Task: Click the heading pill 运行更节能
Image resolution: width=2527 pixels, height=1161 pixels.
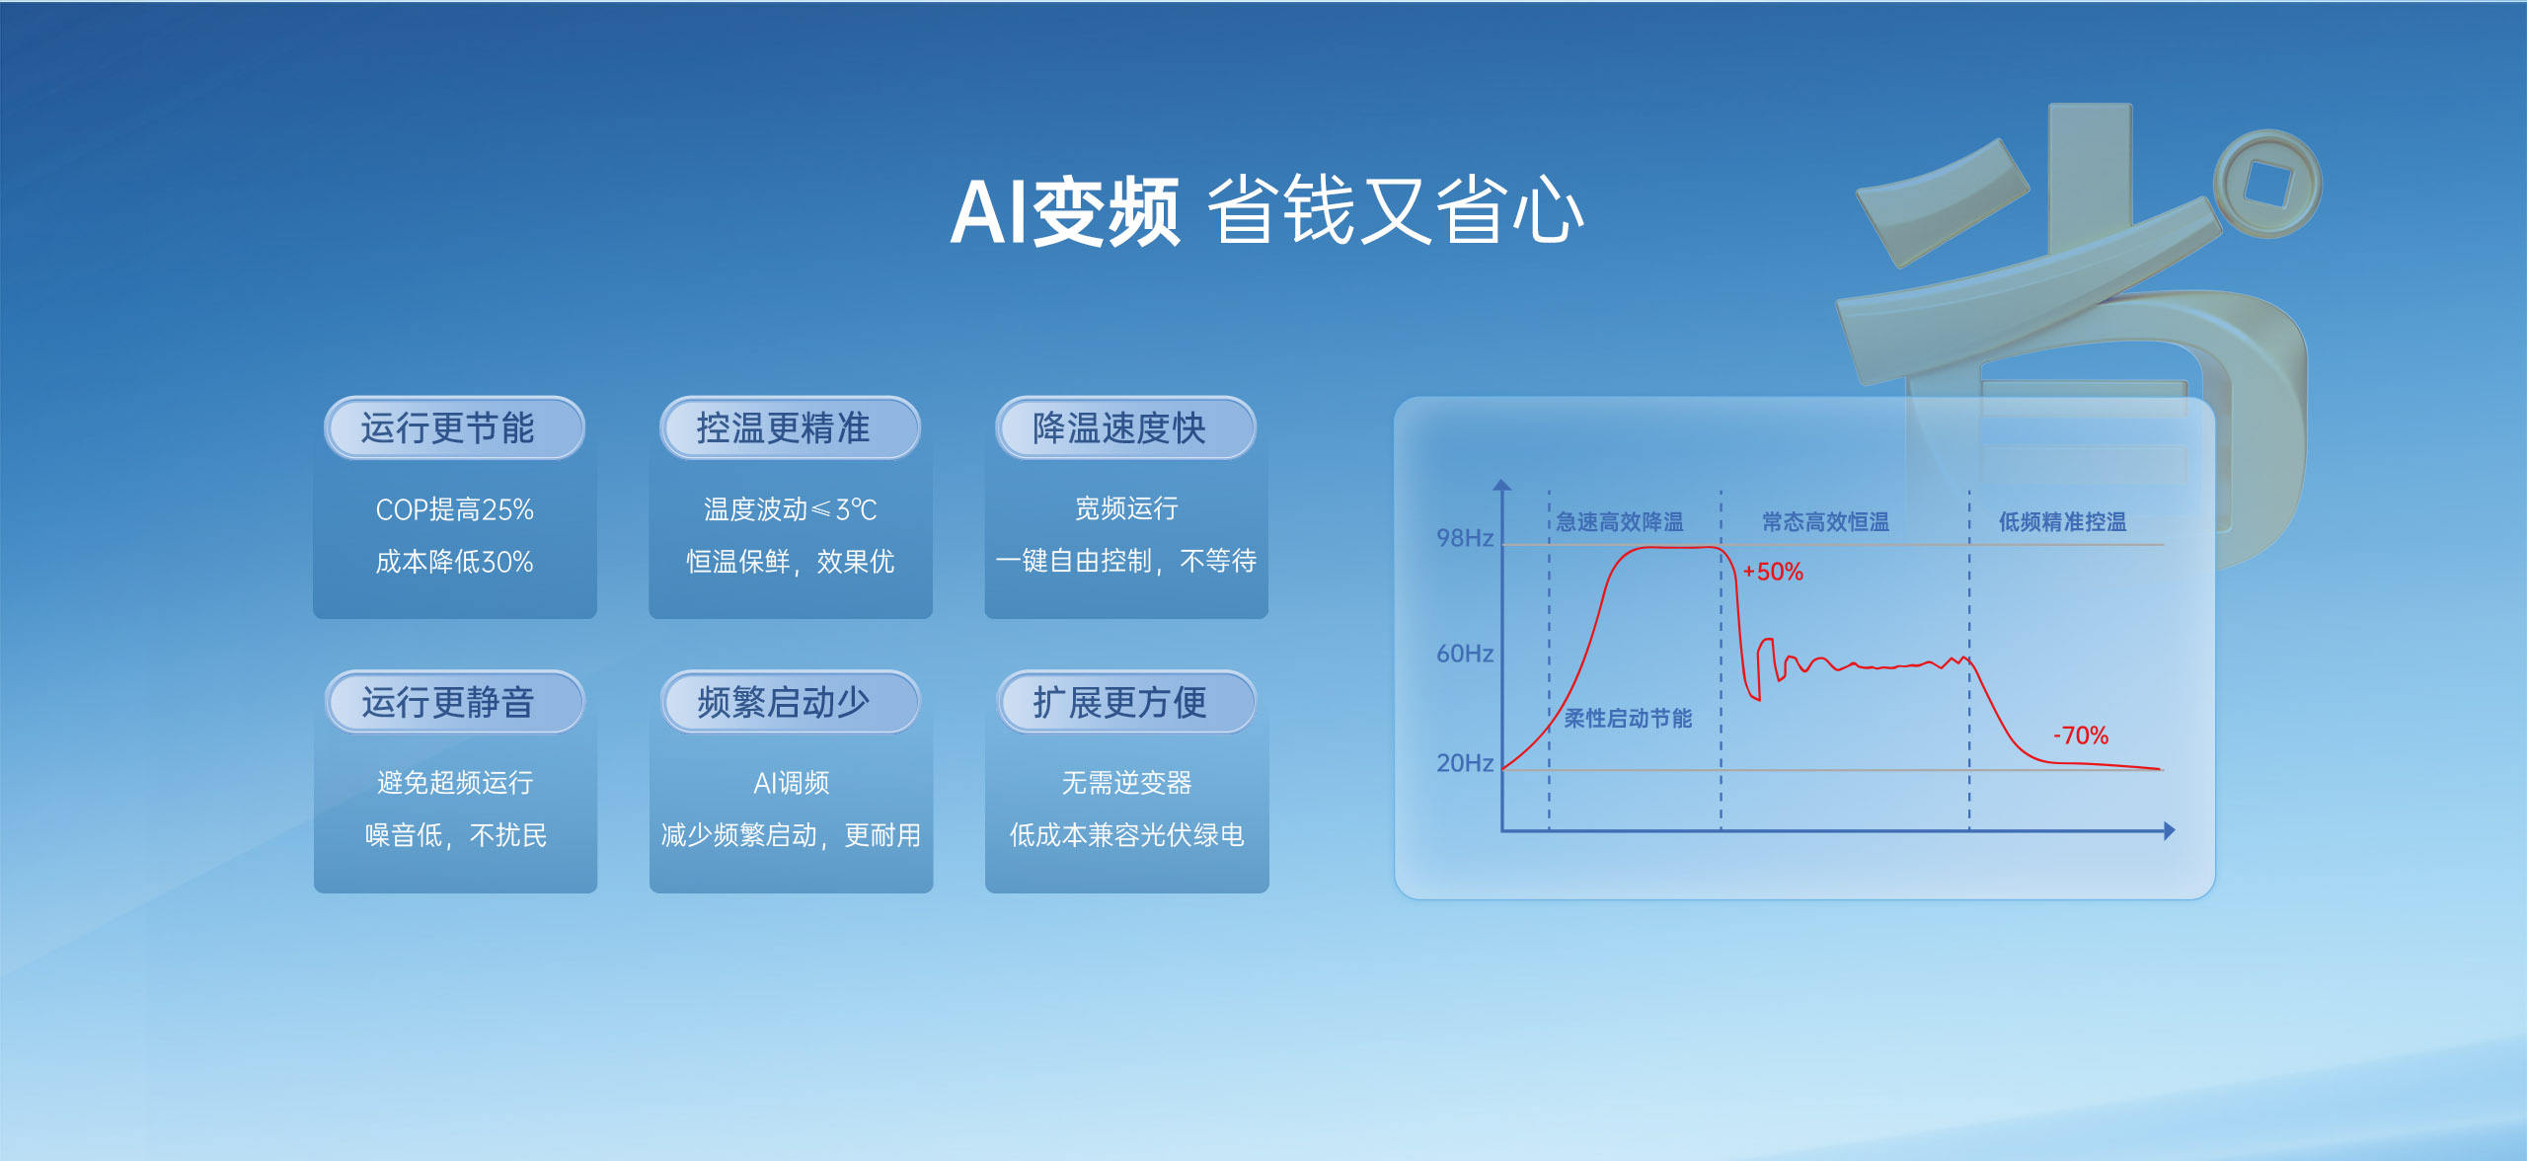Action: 454,428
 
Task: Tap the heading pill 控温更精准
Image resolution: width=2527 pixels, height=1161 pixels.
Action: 790,428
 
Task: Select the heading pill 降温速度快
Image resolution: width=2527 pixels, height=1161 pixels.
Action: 1125,428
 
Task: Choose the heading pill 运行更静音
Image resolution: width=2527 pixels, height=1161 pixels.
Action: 454,703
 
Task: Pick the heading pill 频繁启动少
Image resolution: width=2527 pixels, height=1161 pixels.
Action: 790,703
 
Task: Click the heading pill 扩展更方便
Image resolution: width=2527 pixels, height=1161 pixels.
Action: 1125,703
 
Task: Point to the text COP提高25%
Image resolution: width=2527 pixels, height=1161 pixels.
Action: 454,509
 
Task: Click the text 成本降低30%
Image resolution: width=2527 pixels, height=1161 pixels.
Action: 454,562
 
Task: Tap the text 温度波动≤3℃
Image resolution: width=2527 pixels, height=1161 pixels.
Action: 790,509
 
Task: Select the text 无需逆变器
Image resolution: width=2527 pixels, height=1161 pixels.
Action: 1126,783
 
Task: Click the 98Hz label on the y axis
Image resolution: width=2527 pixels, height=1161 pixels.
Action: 1464,538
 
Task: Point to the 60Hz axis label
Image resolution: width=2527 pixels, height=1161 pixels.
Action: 1464,654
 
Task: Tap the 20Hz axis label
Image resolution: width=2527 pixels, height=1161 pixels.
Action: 1464,763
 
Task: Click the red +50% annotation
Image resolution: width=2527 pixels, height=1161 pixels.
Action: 1773,572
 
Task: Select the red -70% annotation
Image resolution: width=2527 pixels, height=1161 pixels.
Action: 2081,735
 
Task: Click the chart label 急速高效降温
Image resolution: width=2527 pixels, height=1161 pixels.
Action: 1620,522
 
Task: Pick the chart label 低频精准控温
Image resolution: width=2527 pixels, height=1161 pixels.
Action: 2062,522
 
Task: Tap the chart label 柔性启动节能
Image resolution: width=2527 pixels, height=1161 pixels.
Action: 1628,719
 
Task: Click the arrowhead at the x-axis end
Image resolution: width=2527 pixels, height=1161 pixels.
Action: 2169,831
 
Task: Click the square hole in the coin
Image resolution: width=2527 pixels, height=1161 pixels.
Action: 2266,184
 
